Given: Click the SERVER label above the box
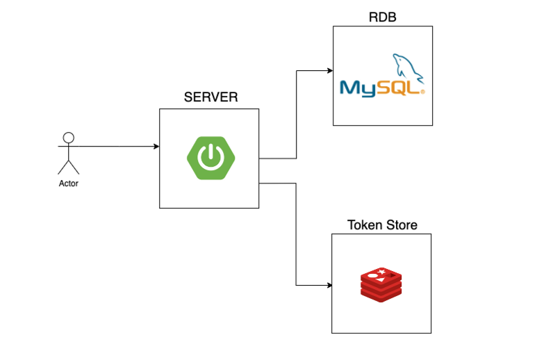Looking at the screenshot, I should (x=210, y=97).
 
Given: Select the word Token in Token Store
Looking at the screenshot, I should (x=363, y=225).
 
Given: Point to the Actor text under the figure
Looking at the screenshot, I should (x=68, y=184).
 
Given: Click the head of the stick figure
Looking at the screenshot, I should (x=68, y=136).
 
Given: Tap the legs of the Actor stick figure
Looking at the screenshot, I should (x=68, y=167).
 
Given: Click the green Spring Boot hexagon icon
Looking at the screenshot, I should (x=210, y=158).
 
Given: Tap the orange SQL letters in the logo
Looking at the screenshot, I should (x=403, y=88).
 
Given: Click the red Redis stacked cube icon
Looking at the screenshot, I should (x=381, y=284).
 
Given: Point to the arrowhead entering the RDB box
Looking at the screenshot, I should (x=329, y=70).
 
